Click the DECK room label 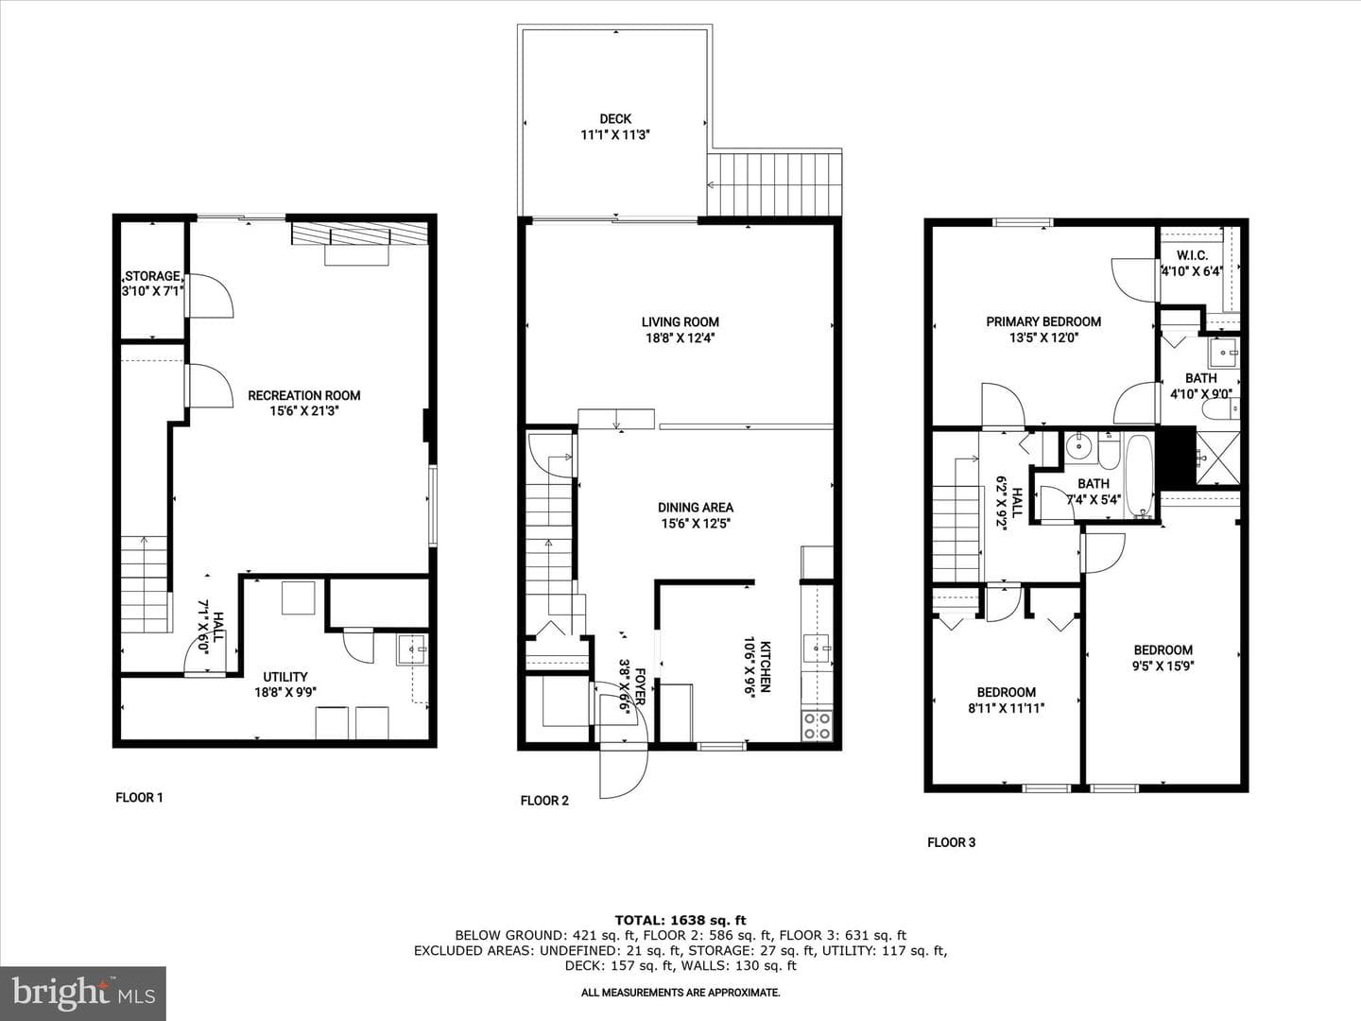click(x=615, y=119)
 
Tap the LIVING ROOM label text click(x=680, y=321)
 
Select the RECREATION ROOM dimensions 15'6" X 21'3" click(x=303, y=411)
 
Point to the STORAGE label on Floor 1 click(x=152, y=276)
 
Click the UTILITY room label click(x=285, y=677)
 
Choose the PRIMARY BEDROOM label click(x=1043, y=321)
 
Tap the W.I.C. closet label click(x=1193, y=255)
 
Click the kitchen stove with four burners click(x=817, y=725)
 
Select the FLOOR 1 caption click(x=139, y=798)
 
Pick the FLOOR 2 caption click(x=544, y=801)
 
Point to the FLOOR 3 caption click(x=951, y=842)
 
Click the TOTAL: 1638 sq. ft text click(x=680, y=920)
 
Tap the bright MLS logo click(x=83, y=994)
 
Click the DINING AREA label click(x=696, y=508)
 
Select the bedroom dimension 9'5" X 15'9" click(x=1163, y=666)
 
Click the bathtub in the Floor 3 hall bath click(x=1139, y=476)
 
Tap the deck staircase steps click(x=774, y=184)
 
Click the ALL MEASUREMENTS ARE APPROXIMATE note click(x=680, y=993)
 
